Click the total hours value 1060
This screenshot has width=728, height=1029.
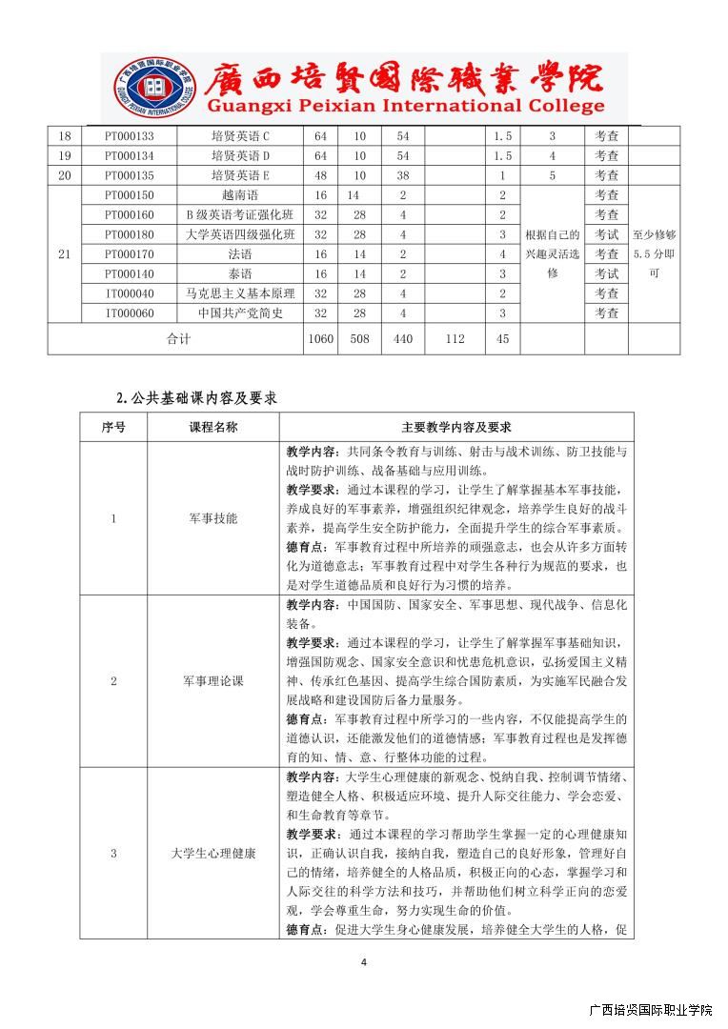tap(320, 339)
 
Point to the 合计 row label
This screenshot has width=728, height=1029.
tap(178, 339)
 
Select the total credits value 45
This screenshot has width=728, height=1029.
tap(502, 339)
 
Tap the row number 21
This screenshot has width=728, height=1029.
tap(65, 254)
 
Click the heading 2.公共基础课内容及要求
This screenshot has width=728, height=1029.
tap(196, 397)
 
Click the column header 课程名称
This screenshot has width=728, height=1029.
tap(213, 428)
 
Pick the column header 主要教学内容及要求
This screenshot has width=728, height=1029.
tap(456, 428)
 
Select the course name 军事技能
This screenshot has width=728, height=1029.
tap(213, 519)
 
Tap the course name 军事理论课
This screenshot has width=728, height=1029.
tap(213, 681)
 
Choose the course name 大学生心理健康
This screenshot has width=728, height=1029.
tap(213, 854)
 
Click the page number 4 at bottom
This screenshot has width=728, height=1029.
tap(364, 962)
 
